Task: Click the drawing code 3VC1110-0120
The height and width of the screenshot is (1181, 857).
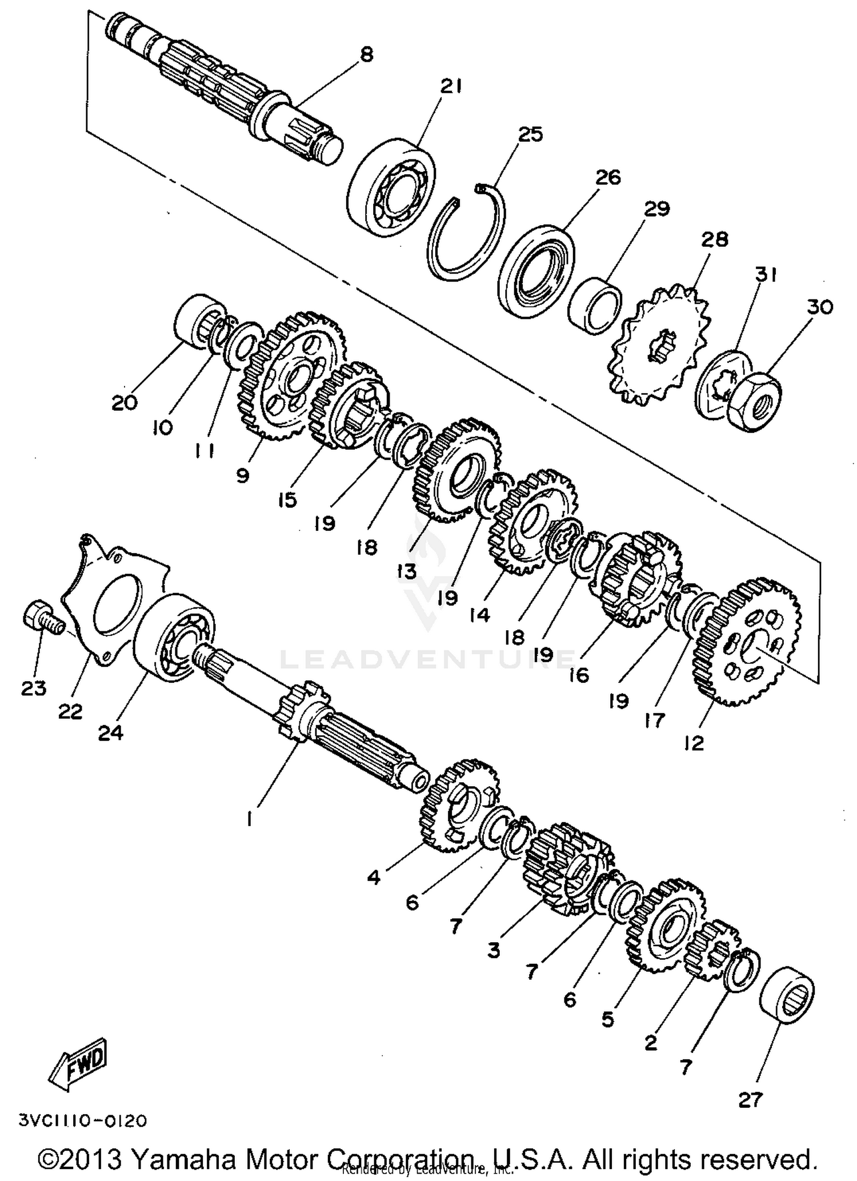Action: (x=83, y=1120)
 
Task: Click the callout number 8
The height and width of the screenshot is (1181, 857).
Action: (x=366, y=55)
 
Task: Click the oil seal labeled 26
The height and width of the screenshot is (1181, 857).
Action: (x=537, y=271)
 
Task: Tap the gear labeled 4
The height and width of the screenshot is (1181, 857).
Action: (x=457, y=806)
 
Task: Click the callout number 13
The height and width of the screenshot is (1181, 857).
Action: (x=407, y=571)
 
